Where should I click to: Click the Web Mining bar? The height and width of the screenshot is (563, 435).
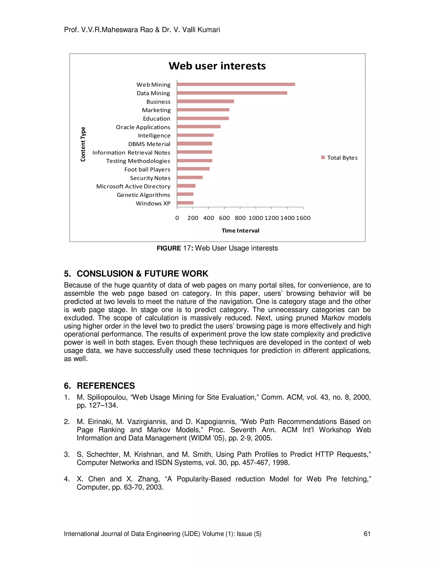point(236,84)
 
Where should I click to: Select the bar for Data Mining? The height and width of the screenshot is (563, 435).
point(232,93)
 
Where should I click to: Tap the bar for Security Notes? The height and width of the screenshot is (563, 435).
point(190,177)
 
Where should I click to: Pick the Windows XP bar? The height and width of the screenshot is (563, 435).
point(185,203)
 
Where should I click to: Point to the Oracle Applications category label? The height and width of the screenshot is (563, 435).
point(143,127)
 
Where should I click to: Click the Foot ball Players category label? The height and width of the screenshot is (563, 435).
point(147,169)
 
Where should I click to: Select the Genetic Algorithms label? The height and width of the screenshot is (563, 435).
point(143,195)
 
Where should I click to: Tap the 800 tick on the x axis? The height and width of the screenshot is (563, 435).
point(240,218)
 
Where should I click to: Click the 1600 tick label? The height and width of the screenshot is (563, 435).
point(303,218)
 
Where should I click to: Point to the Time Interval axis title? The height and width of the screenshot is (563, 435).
point(240,231)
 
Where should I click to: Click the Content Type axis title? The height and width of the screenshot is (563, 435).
point(83,144)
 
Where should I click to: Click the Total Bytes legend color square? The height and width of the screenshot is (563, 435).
point(323,157)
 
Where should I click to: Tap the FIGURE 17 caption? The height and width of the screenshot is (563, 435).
point(217,248)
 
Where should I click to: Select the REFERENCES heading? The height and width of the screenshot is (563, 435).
point(106,386)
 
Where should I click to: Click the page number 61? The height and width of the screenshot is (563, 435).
point(367,534)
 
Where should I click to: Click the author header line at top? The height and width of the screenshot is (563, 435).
point(142,30)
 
